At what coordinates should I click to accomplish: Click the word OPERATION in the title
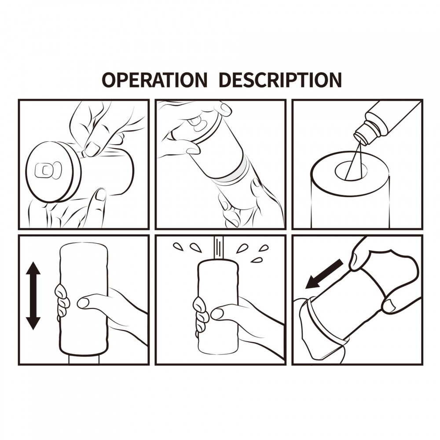point(154,80)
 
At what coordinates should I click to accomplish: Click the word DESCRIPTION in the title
point(280,80)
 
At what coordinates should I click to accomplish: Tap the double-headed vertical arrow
point(33,296)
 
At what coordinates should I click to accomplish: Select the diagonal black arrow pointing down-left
point(324,274)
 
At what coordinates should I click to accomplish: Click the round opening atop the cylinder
point(351,170)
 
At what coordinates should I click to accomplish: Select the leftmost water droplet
point(178,247)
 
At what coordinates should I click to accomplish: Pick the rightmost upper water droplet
point(264,248)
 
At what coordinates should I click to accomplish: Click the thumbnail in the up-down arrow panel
point(83,302)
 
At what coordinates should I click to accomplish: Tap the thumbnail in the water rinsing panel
point(216,313)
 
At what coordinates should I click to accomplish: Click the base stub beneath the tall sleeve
point(84,360)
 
